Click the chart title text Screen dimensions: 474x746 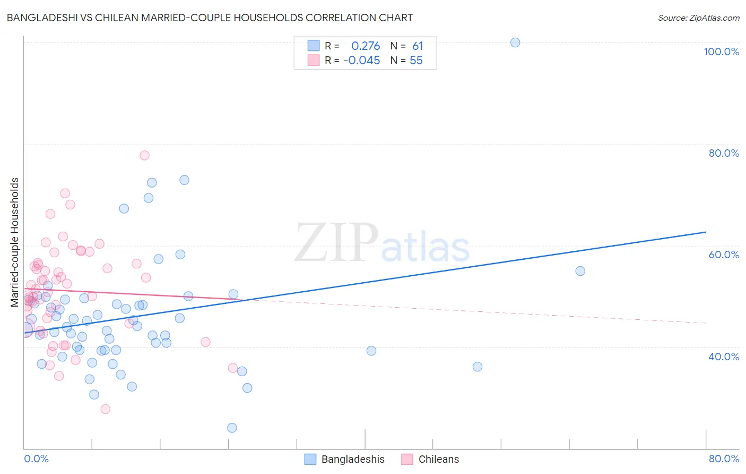coord(210,18)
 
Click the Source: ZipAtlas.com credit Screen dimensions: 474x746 coord(698,18)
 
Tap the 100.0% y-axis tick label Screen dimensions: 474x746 coord(721,52)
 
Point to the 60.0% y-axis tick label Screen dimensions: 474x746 coord(724,255)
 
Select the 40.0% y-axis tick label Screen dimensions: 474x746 coord(724,357)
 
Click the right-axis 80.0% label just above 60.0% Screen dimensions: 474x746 coord(724,153)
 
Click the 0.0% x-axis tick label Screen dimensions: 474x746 coord(36,459)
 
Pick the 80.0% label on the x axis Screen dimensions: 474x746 coord(724,459)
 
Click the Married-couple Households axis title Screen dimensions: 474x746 coord(15,242)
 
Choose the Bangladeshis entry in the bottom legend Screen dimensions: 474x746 coord(353,459)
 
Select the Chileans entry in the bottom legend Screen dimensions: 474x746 coord(438,459)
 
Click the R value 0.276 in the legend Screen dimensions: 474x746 coord(366,46)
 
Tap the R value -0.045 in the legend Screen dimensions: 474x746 coord(362,61)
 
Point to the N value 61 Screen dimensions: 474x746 coord(418,46)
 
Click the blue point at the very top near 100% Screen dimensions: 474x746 coord(515,43)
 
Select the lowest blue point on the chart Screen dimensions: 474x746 coord(232,428)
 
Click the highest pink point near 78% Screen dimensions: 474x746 coord(144,156)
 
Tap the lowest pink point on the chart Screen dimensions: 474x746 coord(105,409)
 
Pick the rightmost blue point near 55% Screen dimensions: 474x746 coord(580,271)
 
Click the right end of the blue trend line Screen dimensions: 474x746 coord(706,232)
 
